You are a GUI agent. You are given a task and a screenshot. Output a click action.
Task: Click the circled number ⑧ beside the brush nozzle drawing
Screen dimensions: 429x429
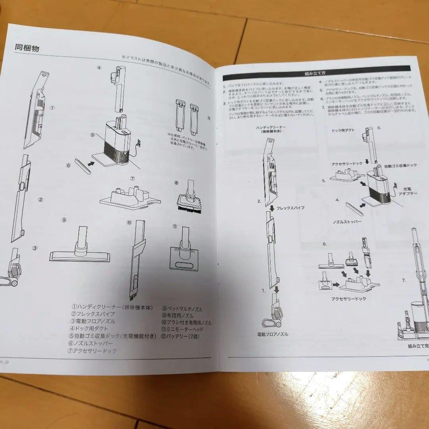[176, 183]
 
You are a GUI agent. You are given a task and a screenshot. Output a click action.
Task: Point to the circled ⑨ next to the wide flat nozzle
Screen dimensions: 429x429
[64, 220]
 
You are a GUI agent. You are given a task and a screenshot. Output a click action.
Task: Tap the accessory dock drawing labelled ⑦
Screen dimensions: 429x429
[130, 198]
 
